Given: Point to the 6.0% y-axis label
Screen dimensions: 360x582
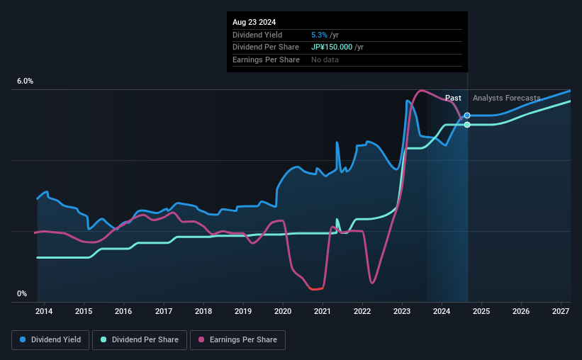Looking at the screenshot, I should click(26, 81).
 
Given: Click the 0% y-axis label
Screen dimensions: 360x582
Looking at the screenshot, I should click(22, 293).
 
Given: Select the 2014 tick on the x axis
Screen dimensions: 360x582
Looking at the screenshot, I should click(44, 311).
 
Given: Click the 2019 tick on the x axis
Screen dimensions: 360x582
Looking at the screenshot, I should click(243, 311).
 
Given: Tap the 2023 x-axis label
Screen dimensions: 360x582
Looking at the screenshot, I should click(402, 311).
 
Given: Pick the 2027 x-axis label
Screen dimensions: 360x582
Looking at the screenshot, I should click(561, 311).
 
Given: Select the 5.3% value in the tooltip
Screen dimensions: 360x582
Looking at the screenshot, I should click(319, 35).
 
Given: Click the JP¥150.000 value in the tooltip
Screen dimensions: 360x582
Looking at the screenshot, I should click(332, 47).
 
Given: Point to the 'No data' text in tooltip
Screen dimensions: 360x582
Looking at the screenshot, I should click(325, 60).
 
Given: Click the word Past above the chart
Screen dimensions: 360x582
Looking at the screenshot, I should click(453, 98).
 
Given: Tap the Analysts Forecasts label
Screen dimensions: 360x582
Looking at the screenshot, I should click(506, 98).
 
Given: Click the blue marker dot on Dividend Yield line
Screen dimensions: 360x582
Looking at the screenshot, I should click(467, 116).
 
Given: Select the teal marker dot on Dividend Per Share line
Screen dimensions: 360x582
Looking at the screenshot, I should click(467, 125).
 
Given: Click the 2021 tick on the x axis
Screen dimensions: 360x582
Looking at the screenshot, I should click(323, 311).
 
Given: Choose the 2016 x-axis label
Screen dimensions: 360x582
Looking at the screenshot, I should click(123, 311).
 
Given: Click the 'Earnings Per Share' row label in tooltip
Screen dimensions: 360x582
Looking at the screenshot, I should click(265, 60).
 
